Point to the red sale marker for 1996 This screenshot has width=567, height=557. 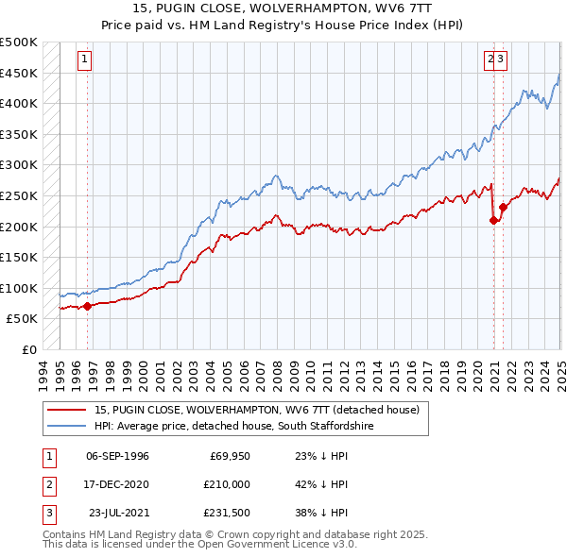87,305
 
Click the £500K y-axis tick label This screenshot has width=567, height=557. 19,42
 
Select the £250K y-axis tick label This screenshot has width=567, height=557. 19,196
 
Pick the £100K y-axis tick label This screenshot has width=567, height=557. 19,288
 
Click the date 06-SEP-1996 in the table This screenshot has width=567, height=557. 117,456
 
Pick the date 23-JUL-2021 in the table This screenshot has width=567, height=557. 118,513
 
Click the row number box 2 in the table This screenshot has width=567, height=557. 48,484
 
